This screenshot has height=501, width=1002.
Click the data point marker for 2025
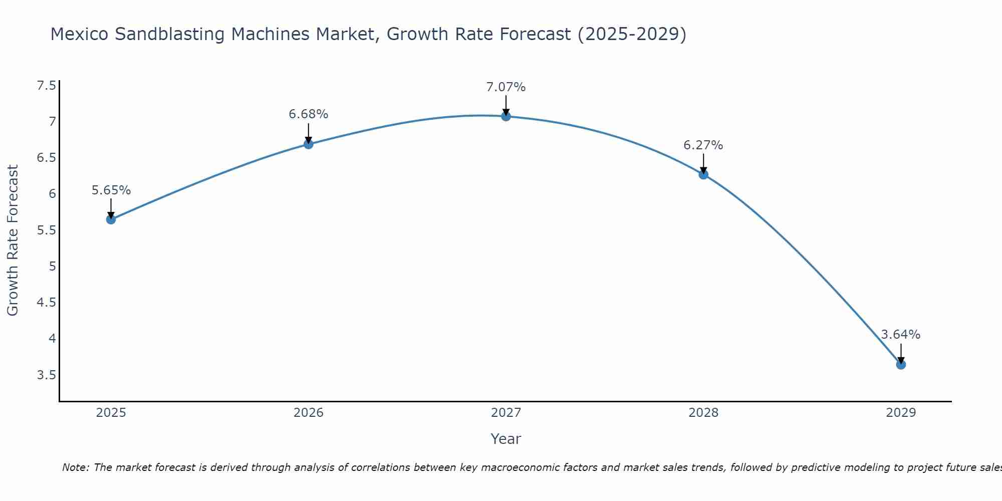(111, 219)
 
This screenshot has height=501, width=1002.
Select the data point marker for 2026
(309, 144)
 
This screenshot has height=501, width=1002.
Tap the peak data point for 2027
(506, 116)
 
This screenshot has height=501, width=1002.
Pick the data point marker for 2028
(703, 174)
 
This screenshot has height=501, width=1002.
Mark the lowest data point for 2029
(901, 365)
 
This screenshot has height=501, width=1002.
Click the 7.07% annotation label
(506, 87)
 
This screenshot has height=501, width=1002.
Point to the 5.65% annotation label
(111, 190)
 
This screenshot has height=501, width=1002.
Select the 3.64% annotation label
(901, 335)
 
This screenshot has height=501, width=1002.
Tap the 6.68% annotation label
(309, 114)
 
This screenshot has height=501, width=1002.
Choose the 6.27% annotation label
(703, 145)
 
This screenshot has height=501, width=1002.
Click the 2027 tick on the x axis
(506, 413)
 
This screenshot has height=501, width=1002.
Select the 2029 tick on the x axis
(901, 413)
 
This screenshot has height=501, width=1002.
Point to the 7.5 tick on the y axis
(47, 86)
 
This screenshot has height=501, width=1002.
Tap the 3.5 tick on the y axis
(47, 375)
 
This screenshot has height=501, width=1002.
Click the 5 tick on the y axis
(53, 267)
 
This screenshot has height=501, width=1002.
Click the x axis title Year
(506, 439)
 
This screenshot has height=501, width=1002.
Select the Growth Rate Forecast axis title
(13, 240)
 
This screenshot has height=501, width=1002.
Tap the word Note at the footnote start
(75, 467)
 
